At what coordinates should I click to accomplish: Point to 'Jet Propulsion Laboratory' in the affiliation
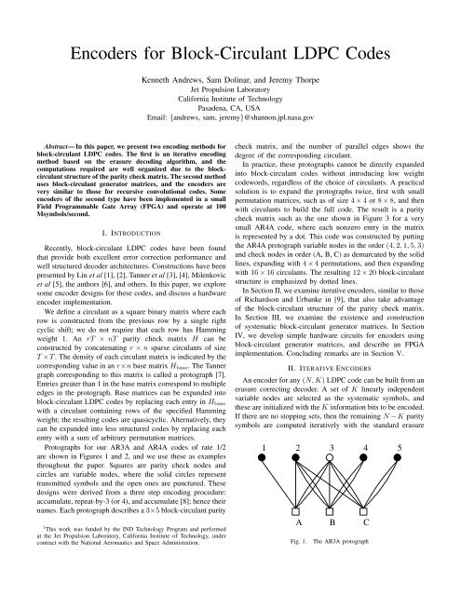point(230,107)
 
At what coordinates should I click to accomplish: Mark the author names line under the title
point(230,95)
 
